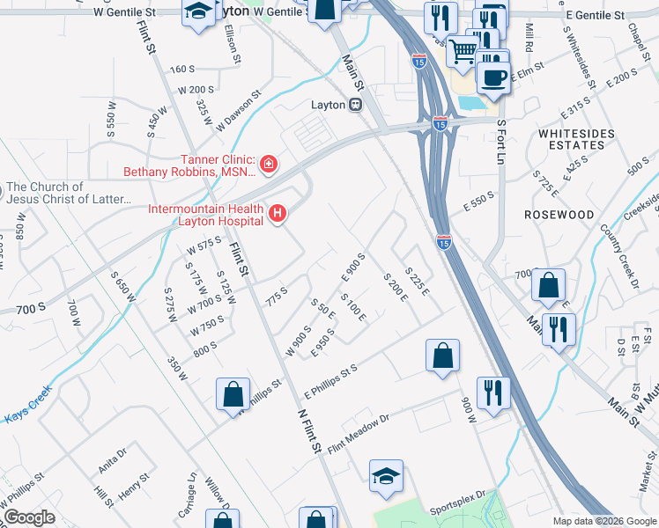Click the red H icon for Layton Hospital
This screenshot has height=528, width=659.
tap(278, 213)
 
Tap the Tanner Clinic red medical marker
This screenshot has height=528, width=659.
tap(269, 164)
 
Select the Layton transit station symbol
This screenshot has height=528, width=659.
tap(356, 105)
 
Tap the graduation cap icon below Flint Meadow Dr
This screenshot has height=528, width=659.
tap(386, 475)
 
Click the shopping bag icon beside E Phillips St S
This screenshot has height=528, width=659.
tap(442, 356)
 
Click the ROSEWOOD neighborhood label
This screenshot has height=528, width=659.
tap(559, 215)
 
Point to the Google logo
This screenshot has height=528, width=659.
tap(29, 517)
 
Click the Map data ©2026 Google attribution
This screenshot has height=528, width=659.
tap(604, 521)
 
